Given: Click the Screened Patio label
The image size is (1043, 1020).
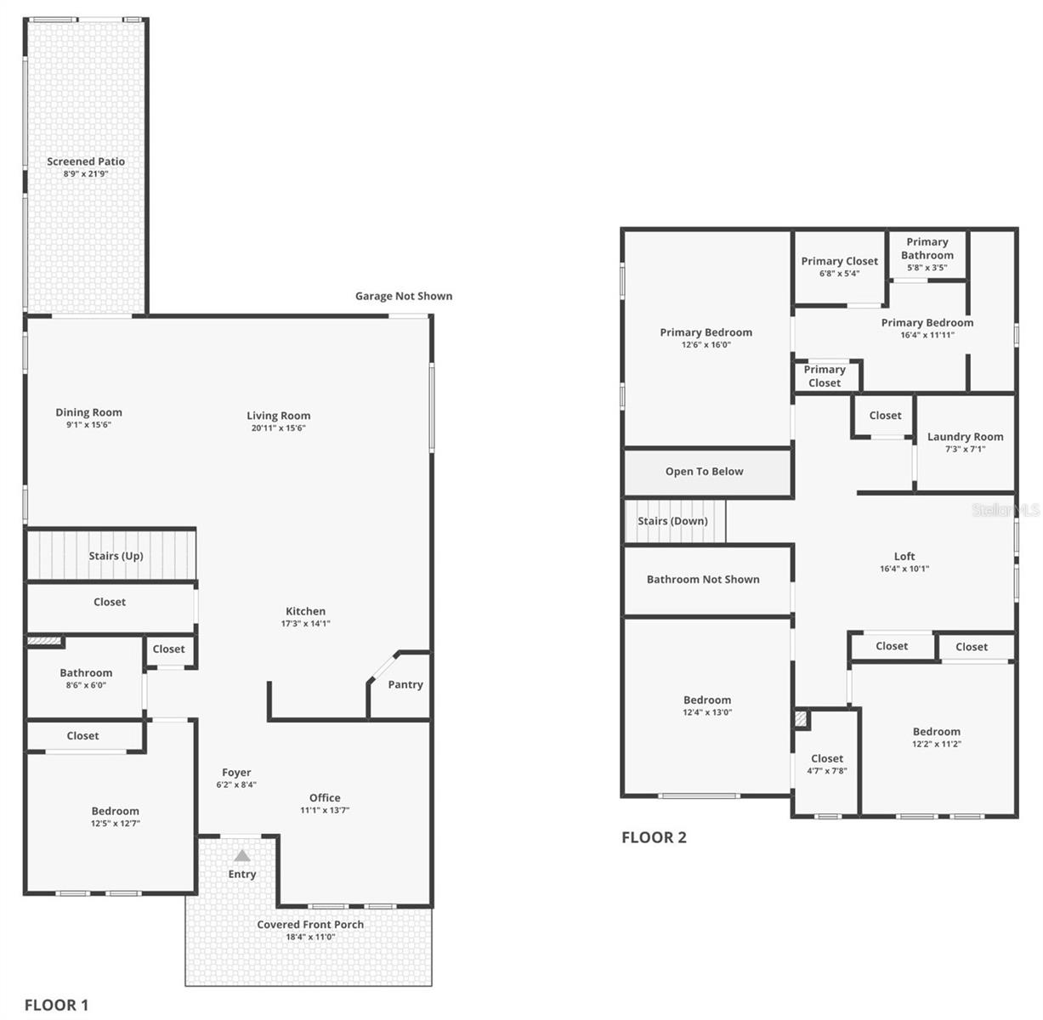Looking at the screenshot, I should click(86, 161).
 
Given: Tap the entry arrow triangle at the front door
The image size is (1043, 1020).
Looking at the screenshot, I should click(242, 856).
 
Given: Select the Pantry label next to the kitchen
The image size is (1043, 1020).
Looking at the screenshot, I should click(405, 684).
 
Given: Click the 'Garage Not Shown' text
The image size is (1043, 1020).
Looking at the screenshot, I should click(404, 296).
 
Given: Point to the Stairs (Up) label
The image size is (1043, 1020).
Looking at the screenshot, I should click(116, 556).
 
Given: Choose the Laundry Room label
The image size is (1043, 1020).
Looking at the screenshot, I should click(965, 437).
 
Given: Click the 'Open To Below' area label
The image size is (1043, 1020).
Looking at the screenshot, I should click(704, 472).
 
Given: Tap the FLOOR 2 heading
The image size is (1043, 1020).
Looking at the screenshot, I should click(654, 837).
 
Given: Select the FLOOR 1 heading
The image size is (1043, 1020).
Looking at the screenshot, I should click(56, 1005).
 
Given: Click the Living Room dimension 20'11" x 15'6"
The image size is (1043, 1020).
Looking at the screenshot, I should click(279, 428).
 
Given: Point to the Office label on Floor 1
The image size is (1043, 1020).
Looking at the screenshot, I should click(325, 797).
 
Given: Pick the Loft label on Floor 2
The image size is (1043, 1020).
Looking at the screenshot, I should click(904, 557).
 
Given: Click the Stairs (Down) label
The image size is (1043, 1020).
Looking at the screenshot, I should click(672, 521).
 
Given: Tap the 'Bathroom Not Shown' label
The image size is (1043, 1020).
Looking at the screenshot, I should click(703, 580).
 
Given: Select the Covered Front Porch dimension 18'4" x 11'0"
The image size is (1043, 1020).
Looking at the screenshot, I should click(310, 937).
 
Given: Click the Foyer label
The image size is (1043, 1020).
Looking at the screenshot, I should click(236, 773).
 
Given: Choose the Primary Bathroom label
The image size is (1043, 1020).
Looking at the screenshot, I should click(927, 248).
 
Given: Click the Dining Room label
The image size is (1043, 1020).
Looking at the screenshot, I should click(89, 412).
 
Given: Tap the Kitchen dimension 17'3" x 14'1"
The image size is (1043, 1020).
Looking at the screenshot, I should click(305, 623).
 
